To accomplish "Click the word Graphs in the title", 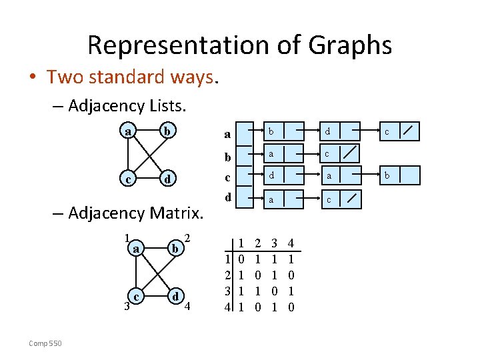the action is [x=350, y=45].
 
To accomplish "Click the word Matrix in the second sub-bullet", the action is [x=181, y=213].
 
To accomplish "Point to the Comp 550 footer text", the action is [x=45, y=343].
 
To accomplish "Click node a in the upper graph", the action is [x=127, y=131].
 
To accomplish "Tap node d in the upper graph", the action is [x=170, y=179].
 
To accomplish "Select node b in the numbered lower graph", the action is [x=175, y=249].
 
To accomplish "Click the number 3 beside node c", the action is [x=125, y=307].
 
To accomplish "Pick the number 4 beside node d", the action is [x=187, y=307].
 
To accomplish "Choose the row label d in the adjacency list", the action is [x=227, y=198].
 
